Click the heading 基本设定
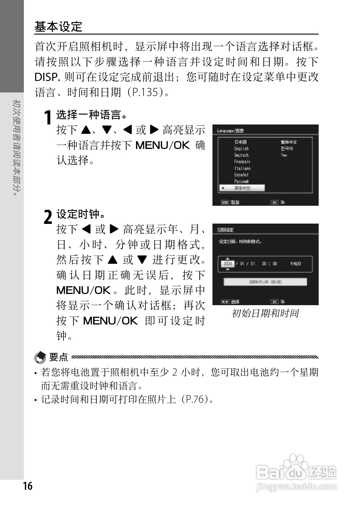click(58, 27)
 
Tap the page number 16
click(28, 486)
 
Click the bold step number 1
click(47, 118)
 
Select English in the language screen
click(241, 148)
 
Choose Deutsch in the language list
click(241, 155)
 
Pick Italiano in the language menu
click(242, 168)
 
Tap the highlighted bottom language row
click(242, 188)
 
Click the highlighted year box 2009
click(228, 263)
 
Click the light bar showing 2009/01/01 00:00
click(265, 282)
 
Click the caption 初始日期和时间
click(265, 313)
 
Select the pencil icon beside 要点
click(40, 357)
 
